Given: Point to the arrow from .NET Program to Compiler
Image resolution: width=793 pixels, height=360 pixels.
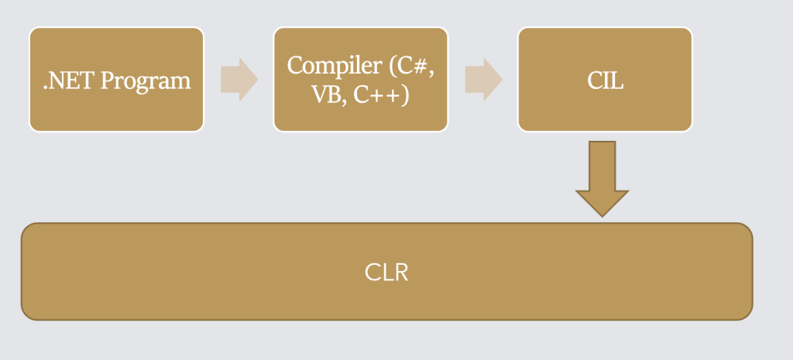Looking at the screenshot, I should (239, 79).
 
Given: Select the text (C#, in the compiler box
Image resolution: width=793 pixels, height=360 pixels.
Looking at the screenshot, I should (412, 66).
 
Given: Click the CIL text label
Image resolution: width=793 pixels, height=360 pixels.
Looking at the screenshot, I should (605, 81).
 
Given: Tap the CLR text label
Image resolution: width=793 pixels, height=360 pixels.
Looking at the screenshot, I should (386, 273).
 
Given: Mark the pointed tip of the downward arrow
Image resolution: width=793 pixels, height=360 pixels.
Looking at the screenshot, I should (602, 214).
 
